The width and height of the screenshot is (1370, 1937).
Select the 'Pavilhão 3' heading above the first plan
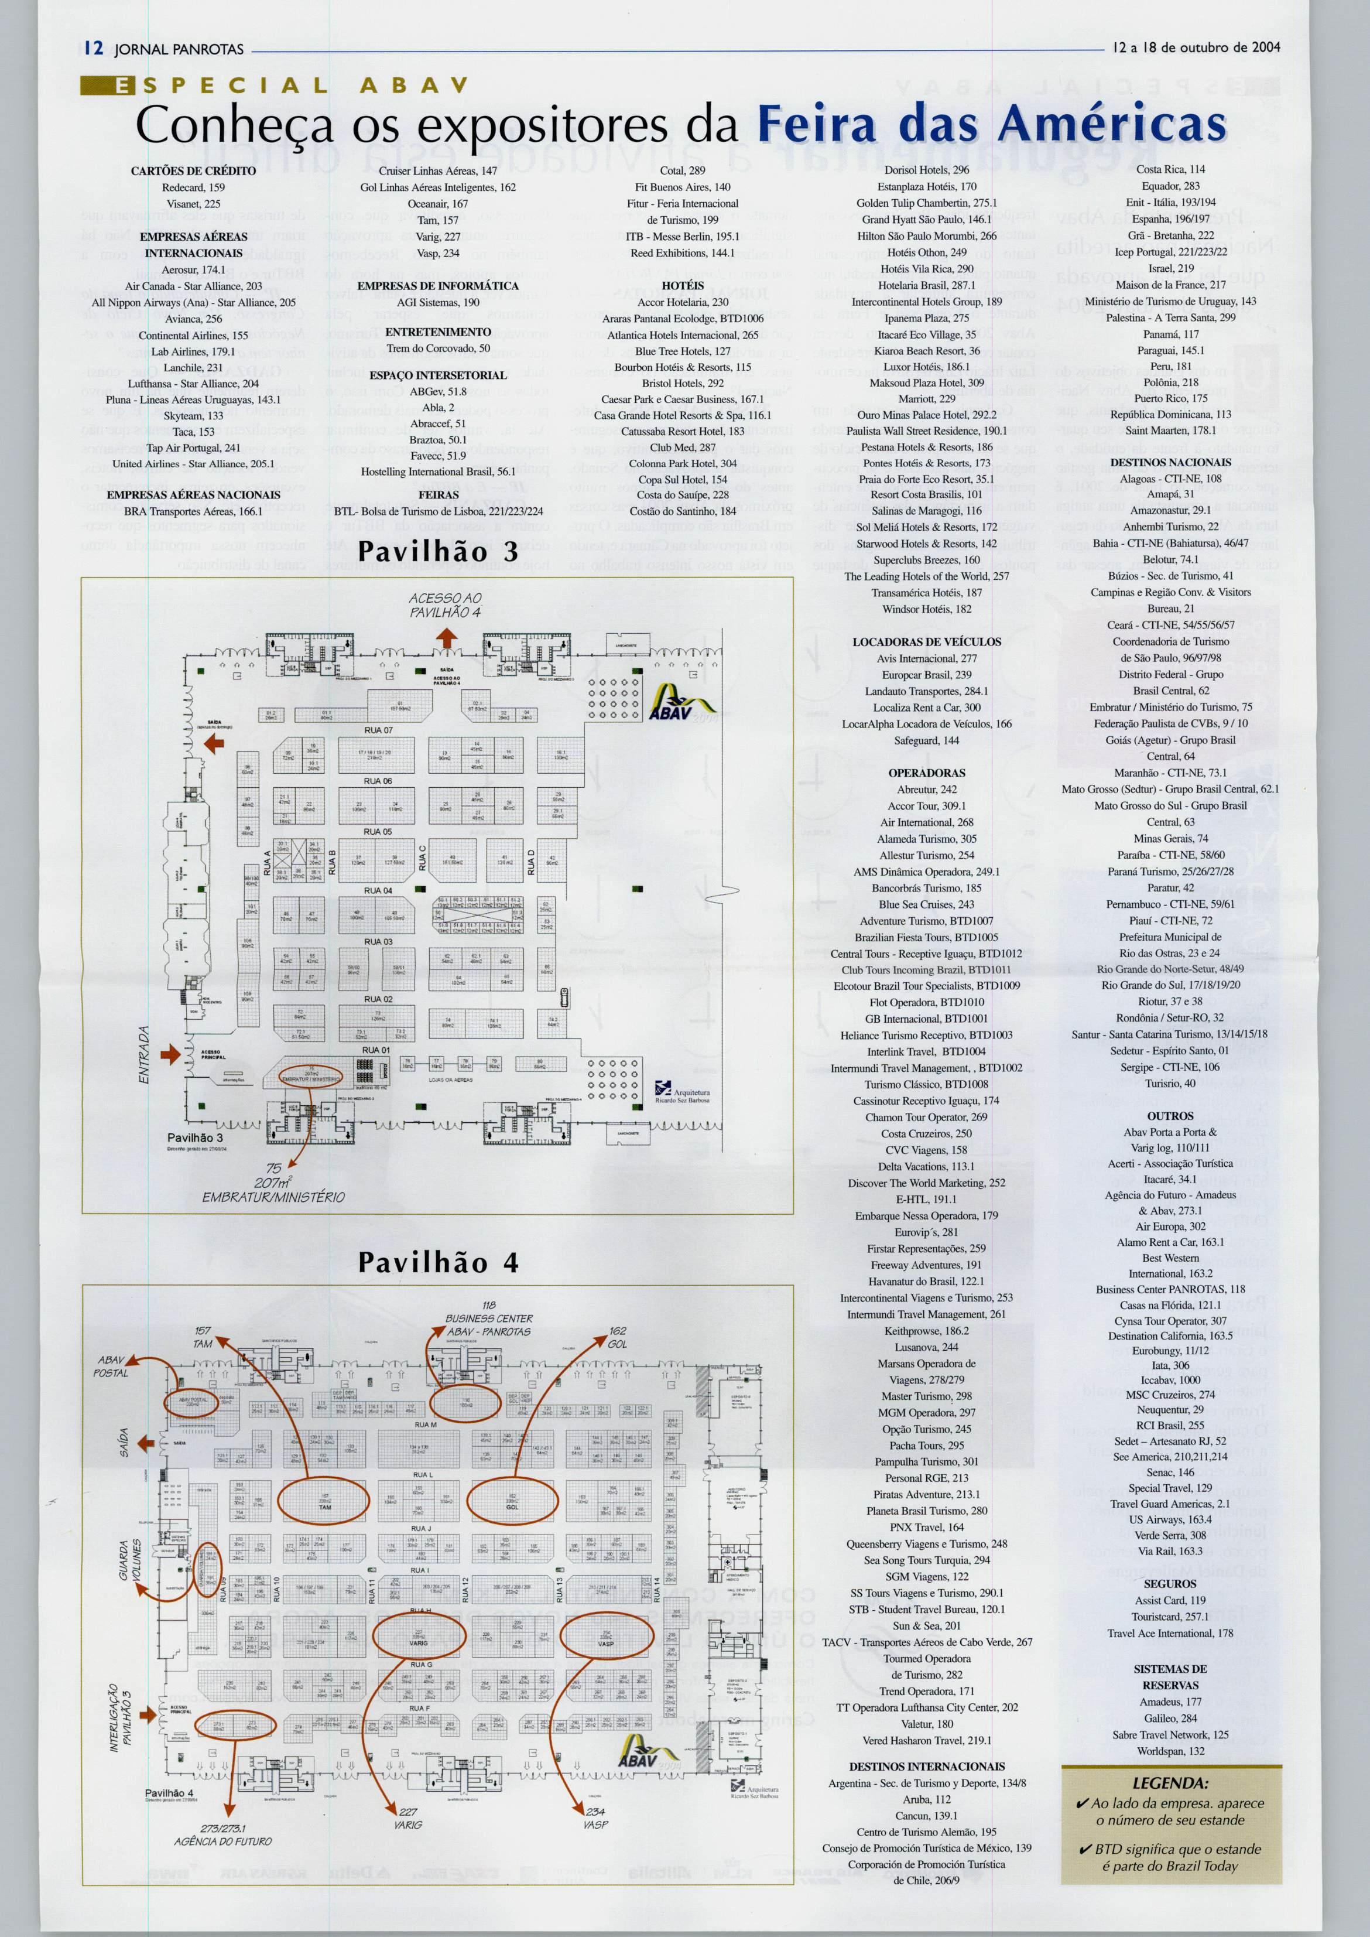[x=438, y=551]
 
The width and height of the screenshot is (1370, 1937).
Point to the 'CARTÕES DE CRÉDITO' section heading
[x=193, y=170]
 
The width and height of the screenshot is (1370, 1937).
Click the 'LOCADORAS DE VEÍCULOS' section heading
[x=926, y=641]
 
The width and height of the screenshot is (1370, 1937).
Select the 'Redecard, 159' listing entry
[x=193, y=187]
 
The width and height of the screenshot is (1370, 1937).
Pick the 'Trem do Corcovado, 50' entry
[x=438, y=348]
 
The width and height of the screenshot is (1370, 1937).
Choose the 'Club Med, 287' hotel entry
[x=683, y=447]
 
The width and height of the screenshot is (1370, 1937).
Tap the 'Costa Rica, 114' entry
[x=1170, y=170]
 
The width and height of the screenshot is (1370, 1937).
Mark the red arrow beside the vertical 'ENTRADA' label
[x=170, y=1053]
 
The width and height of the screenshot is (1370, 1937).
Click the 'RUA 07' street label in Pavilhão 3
[x=378, y=730]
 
